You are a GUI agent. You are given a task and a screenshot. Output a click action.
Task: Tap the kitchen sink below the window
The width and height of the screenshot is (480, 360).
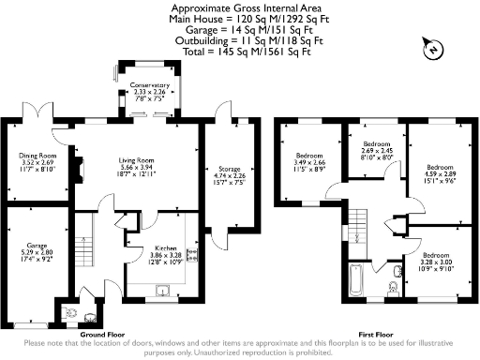(163, 289)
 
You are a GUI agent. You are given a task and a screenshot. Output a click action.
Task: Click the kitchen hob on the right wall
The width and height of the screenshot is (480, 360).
(193, 254)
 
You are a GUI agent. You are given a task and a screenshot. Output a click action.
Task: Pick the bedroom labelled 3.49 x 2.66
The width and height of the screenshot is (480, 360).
(309, 161)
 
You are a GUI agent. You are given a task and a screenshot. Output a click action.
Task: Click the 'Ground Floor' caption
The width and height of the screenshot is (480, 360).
(104, 334)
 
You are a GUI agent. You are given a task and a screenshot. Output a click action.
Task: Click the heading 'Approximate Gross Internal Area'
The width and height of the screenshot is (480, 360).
(239, 7)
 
